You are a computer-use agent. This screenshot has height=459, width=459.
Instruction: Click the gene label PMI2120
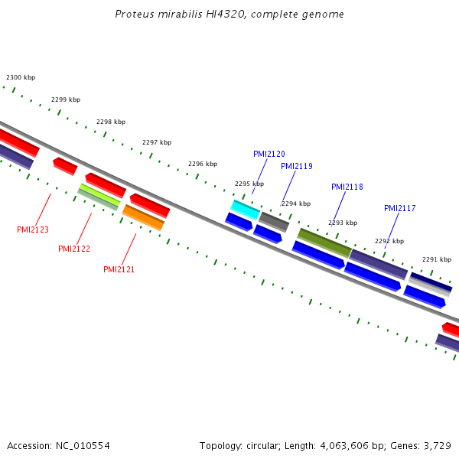tap(269, 154)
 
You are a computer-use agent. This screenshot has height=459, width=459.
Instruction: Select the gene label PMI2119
tap(296, 166)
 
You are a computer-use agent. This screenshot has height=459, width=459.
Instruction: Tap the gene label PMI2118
tap(347, 187)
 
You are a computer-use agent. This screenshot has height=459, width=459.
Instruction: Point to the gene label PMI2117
tap(399, 208)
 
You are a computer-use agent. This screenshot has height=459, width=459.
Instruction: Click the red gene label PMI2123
tap(33, 229)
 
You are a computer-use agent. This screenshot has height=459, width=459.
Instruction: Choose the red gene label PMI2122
tap(74, 249)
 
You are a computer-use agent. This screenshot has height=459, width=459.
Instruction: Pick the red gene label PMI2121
tap(119, 269)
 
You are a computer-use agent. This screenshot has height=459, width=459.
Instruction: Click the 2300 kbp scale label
tap(21, 77)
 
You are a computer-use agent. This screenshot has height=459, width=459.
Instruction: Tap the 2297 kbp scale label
tap(157, 142)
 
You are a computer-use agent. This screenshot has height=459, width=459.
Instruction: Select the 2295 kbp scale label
tap(249, 184)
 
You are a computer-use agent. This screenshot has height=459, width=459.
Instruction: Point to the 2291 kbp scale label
tap(436, 259)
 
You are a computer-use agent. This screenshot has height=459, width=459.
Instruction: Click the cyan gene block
tap(246, 209)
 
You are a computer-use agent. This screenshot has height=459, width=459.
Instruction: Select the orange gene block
tap(144, 217)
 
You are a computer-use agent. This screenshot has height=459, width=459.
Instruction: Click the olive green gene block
tap(324, 242)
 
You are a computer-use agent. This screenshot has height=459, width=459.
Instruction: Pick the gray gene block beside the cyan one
tap(274, 222)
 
